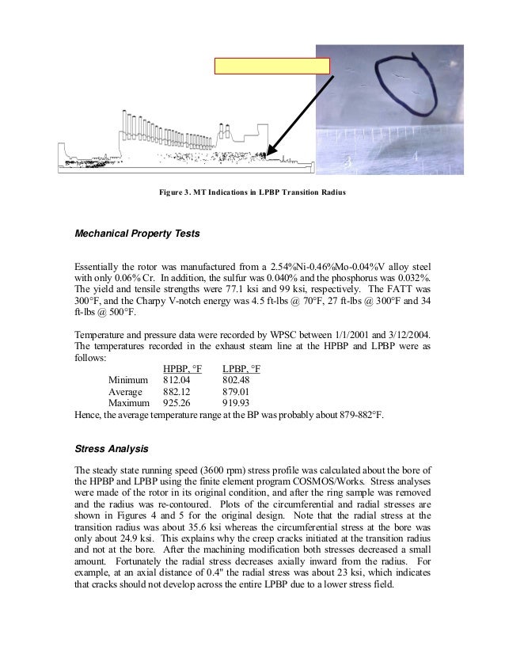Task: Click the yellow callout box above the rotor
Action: (272, 66)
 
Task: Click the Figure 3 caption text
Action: (252, 192)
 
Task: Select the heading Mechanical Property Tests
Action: (137, 234)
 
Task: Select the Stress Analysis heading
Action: (111, 450)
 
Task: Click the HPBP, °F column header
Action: (182, 370)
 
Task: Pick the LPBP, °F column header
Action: (241, 370)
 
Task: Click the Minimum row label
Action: (127, 381)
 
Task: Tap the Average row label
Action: (125, 392)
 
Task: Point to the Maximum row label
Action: (128, 403)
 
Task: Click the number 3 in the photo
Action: (349, 162)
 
